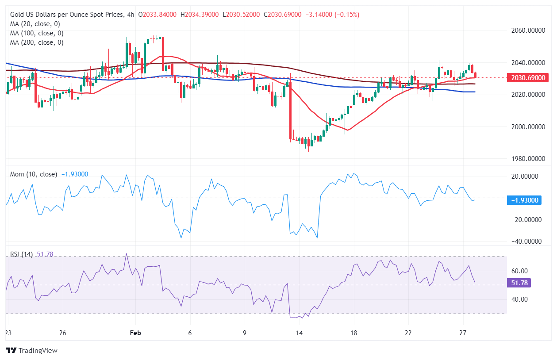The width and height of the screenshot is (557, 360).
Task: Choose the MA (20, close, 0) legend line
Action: click(x=35, y=24)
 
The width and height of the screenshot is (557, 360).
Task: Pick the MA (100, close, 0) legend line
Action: click(x=37, y=33)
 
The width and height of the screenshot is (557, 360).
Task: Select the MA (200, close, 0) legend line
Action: click(x=37, y=42)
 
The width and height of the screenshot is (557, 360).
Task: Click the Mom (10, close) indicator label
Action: click(x=34, y=174)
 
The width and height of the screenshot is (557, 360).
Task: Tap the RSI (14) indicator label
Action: click(x=21, y=254)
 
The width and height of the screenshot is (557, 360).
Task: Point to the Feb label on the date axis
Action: click(x=135, y=333)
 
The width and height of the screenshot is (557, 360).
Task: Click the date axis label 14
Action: click(x=300, y=333)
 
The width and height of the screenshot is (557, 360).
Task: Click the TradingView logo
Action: click(x=32, y=350)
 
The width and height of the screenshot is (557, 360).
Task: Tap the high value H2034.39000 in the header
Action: click(x=200, y=15)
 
